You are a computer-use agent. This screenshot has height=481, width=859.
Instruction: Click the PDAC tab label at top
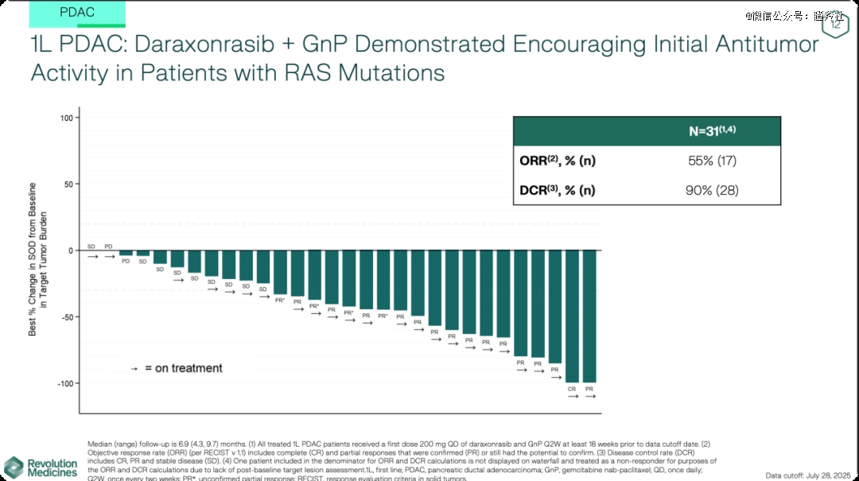click(x=77, y=12)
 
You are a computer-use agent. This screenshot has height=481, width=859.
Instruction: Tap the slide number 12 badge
click(x=836, y=25)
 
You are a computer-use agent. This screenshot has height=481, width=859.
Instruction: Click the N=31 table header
click(x=712, y=131)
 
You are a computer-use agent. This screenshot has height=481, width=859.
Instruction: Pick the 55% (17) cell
click(x=712, y=161)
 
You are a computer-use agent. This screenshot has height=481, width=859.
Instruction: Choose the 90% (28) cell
click(x=712, y=190)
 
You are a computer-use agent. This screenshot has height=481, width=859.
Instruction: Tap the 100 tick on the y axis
click(x=66, y=118)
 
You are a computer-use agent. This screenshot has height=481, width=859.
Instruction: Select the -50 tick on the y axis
click(x=66, y=316)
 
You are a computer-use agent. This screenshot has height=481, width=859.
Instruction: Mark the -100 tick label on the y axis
click(x=64, y=383)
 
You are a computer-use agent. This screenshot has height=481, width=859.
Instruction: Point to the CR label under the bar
click(x=572, y=389)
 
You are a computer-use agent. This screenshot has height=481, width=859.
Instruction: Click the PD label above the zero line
click(x=109, y=246)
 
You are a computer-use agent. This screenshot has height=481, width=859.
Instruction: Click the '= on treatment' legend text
click(x=184, y=368)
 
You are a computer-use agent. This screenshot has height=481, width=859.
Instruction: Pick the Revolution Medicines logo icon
click(x=14, y=467)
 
